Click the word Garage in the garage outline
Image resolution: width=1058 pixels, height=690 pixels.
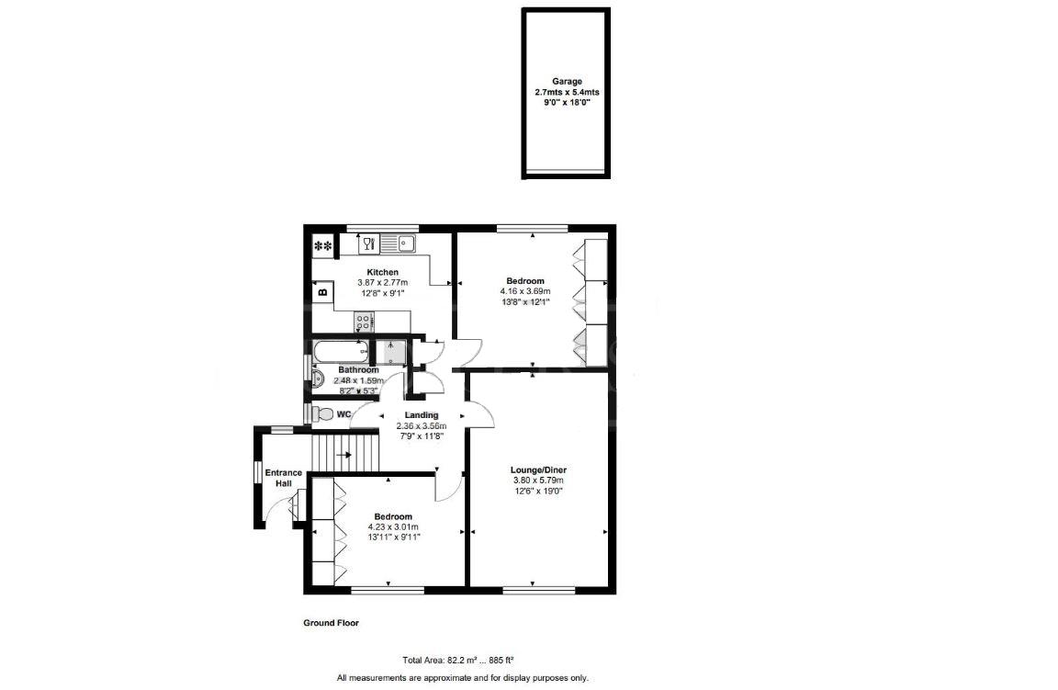(x=567, y=81)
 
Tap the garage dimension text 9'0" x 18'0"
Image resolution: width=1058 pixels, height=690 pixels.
(x=567, y=103)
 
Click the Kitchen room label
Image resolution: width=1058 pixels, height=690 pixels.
(x=382, y=272)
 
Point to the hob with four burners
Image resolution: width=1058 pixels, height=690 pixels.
(x=365, y=322)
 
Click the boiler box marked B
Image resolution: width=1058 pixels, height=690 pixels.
(x=323, y=292)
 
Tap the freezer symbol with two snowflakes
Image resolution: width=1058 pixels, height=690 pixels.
(x=323, y=246)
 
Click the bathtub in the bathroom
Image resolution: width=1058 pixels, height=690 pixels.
(x=341, y=351)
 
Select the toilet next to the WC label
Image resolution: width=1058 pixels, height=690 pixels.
(x=322, y=414)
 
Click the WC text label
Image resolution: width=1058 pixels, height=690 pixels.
(x=343, y=415)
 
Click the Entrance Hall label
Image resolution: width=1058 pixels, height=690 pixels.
(x=284, y=478)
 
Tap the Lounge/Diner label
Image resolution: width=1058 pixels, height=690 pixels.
(x=537, y=469)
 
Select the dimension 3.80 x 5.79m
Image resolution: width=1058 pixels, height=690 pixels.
(x=537, y=480)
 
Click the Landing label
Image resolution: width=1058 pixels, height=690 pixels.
(x=421, y=415)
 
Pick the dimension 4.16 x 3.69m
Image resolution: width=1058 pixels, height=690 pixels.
(x=524, y=291)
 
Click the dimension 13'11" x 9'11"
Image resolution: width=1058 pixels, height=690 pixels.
(x=392, y=537)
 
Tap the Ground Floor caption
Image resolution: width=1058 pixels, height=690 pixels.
(x=331, y=623)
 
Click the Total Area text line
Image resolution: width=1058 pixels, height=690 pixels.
(x=457, y=660)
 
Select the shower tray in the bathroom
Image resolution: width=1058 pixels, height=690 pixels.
(x=393, y=353)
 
